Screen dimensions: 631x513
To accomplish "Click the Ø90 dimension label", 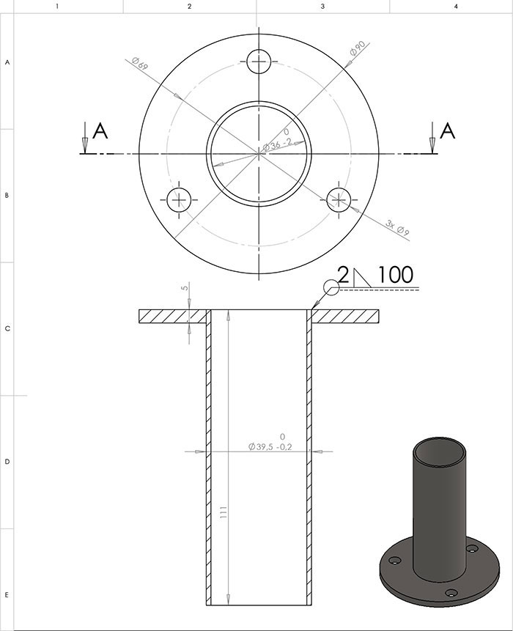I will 358,51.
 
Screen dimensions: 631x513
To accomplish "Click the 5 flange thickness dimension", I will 185,288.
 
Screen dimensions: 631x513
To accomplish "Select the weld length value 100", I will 395,276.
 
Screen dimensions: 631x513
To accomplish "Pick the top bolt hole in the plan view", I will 259,62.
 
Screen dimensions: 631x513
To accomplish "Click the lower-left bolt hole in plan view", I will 179,199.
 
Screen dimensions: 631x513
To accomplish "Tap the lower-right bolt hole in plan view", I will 339,199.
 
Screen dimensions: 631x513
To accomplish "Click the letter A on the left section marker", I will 101,131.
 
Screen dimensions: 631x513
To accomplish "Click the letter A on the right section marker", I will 448,131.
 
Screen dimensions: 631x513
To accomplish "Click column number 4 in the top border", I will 455,7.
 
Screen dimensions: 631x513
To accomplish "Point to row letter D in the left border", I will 7,462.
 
